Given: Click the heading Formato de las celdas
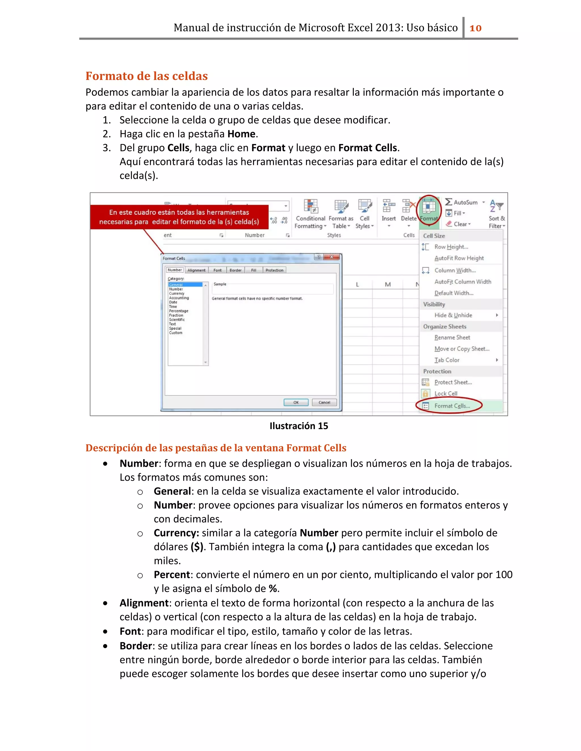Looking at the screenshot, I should pos(146,76).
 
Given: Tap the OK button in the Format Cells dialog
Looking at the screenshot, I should pos(296,402).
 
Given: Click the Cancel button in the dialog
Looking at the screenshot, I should pos(324,402).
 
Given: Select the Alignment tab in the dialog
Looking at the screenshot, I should pos(196,270).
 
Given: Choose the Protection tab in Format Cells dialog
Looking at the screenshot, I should pos(274,270).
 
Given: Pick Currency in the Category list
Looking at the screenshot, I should pos(176,294).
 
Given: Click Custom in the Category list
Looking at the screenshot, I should pos(176,333).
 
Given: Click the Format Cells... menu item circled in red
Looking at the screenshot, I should pos(452,406).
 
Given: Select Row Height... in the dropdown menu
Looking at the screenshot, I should pos(451,247).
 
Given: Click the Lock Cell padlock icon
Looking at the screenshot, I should pos(426,393).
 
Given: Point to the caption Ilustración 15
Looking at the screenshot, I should pos(298,426).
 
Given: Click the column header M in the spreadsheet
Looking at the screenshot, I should pos(388,284).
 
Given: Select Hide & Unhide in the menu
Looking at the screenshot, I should pos(453,315).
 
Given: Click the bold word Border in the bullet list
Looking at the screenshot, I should pos(136,646).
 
